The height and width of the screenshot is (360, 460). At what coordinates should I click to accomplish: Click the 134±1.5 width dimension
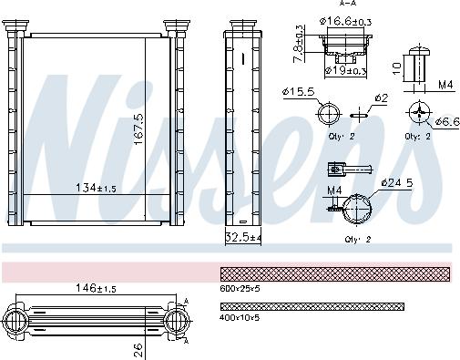point(95,189)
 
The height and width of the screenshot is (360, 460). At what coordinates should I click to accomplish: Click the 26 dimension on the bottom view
point(138,346)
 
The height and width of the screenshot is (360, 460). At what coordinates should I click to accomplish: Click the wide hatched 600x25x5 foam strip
point(335,273)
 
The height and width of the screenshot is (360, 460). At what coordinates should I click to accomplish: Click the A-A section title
point(347,5)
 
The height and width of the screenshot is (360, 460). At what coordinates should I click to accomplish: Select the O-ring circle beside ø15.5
point(328,114)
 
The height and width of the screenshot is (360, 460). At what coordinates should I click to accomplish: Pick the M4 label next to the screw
point(443,87)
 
